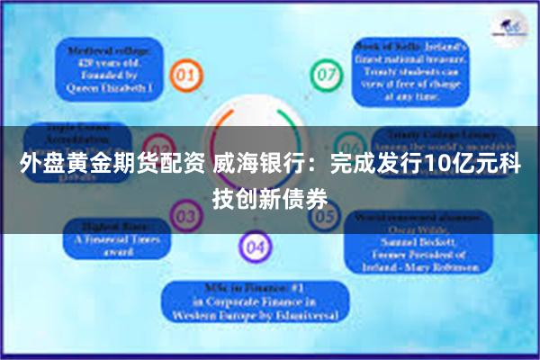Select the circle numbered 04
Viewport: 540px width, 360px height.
(255, 246)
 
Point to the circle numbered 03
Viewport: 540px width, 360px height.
(186, 217)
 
